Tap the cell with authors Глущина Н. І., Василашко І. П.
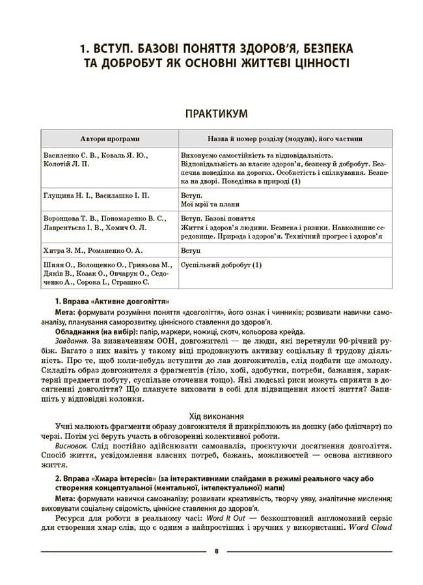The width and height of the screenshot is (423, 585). tap(96, 195)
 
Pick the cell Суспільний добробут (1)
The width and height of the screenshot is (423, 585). tap(220, 265)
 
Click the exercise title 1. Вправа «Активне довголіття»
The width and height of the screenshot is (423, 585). tap(113, 302)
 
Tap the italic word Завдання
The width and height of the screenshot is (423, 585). tap(72, 339)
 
